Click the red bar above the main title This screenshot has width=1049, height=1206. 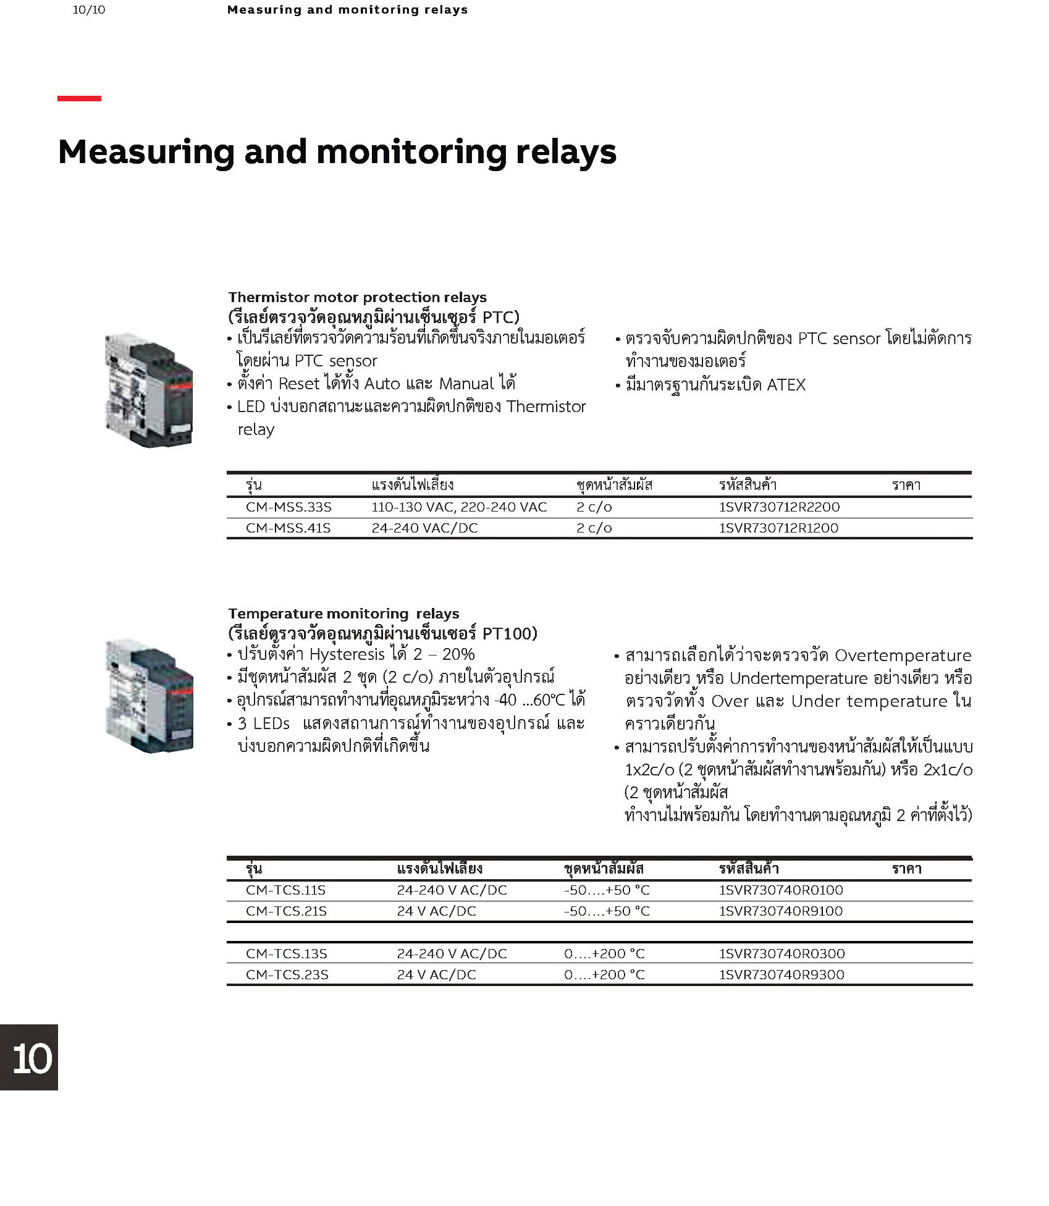[x=79, y=98]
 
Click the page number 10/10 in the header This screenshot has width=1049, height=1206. [x=89, y=10]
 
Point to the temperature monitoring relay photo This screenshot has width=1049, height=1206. [x=149, y=696]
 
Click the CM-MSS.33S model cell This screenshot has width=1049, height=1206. [x=289, y=507]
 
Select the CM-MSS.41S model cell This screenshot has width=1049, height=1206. [x=288, y=528]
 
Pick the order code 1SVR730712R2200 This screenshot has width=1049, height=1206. [x=779, y=507]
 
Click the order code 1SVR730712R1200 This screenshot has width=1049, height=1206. [x=778, y=528]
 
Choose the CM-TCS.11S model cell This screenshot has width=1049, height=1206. [x=285, y=890]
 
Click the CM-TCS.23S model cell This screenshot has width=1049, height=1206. [x=287, y=975]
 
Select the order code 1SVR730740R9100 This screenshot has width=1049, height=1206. [x=781, y=911]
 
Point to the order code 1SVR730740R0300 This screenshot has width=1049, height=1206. [x=781, y=954]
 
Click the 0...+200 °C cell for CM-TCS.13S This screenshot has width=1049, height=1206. [x=604, y=954]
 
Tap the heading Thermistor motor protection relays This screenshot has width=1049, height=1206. [x=357, y=297]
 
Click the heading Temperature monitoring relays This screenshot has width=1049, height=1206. [x=343, y=614]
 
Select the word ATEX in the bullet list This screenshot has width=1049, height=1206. [x=786, y=385]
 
